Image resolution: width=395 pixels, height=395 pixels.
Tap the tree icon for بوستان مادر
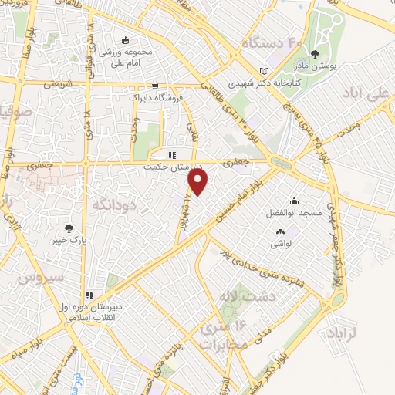click(x=315, y=54)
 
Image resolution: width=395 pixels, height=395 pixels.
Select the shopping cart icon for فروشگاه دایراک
click(x=155, y=86)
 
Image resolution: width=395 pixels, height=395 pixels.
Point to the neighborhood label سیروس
click(x=46, y=277)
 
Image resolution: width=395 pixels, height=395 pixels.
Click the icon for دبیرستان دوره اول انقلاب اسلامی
click(x=91, y=294)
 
